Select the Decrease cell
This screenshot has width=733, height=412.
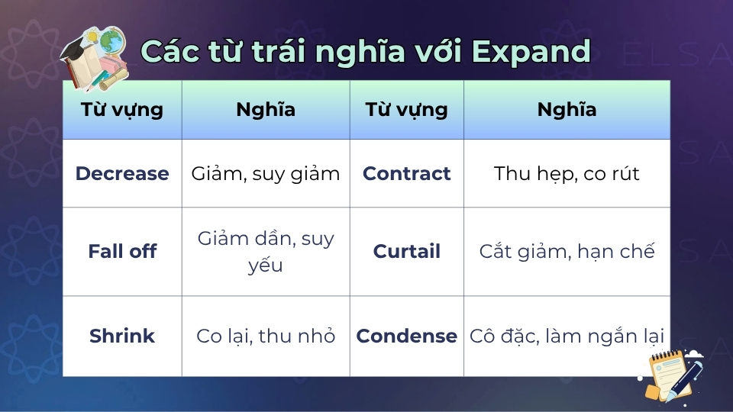click(122, 173)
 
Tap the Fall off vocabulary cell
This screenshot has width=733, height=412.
click(122, 252)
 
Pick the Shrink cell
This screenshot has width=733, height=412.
click(122, 336)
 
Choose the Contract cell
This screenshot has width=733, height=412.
click(406, 173)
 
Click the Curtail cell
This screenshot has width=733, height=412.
click(406, 252)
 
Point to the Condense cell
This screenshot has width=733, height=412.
click(406, 336)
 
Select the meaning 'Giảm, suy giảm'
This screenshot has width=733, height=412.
click(265, 173)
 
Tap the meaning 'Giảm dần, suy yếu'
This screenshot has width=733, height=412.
click(265, 252)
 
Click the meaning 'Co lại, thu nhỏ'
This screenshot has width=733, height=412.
click(265, 336)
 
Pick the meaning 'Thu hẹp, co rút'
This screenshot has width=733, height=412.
click(566, 173)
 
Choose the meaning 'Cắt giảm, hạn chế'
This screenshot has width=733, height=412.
click(566, 252)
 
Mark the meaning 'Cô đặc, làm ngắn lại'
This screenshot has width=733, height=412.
click(566, 336)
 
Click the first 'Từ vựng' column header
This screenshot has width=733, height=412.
click(122, 109)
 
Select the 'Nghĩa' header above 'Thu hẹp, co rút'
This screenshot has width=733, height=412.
click(566, 109)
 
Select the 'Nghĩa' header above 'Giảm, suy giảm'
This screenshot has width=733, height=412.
click(265, 109)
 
